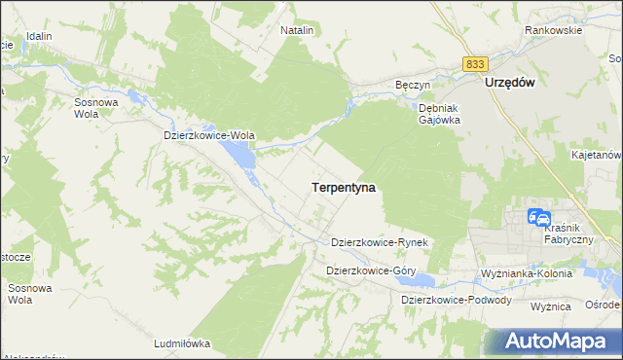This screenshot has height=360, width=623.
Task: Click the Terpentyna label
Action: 344,186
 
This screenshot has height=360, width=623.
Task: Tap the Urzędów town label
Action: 510,84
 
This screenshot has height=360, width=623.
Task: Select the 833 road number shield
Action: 475,63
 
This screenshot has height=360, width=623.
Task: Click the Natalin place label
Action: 297,30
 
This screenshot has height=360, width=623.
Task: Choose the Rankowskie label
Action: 553,30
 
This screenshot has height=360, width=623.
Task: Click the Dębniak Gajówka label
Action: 439,114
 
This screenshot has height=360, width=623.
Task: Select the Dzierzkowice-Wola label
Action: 209,136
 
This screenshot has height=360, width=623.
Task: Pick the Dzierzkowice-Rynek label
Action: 381,241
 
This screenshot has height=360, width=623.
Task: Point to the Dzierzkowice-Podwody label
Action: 457,300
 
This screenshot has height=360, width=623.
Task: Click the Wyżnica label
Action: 550,306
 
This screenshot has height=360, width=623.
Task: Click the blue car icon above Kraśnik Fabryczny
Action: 538,218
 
